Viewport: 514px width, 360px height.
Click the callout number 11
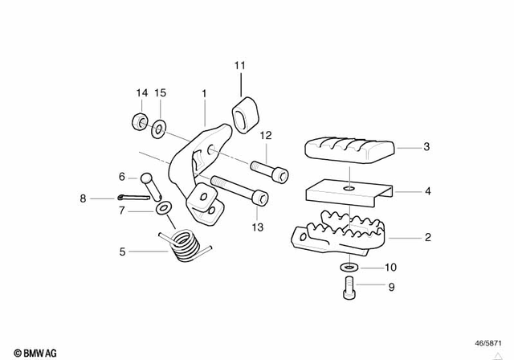click(x=239, y=65)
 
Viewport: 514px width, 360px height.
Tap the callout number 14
click(x=141, y=93)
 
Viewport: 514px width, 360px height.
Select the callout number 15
click(x=160, y=93)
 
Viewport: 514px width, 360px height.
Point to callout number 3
click(x=426, y=147)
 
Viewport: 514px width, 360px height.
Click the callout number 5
click(x=122, y=251)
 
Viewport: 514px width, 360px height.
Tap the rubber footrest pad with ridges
click(x=349, y=149)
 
